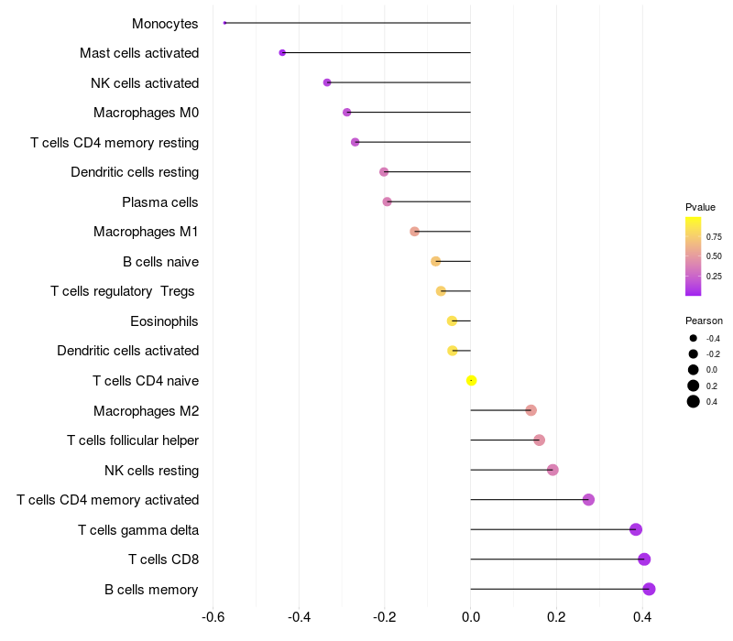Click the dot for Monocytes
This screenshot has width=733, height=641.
coord(224,23)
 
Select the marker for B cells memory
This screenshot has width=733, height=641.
coord(649,589)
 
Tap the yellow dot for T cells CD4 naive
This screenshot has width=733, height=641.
coord(471,380)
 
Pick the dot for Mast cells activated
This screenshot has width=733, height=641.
coord(282,53)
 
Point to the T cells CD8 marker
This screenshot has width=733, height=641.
coord(644,560)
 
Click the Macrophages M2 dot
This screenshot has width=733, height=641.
coord(531,410)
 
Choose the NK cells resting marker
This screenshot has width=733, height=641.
coord(552,470)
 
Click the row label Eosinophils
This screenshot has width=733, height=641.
coord(164,321)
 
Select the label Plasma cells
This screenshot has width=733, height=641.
coord(160,202)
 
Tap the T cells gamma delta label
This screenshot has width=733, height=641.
coord(138,530)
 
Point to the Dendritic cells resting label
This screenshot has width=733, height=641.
coord(135,172)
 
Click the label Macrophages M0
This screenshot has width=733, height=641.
coord(146,113)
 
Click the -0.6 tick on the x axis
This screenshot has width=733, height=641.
coord(213,617)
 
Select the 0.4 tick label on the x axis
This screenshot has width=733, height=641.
coord(642,617)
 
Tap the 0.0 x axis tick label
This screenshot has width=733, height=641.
coord(471,617)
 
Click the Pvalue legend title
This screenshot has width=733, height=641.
coord(700,207)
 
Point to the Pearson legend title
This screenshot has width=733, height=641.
coord(704,320)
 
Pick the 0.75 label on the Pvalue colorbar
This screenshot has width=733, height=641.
coord(714,236)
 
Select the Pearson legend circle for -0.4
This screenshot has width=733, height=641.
coord(694,338)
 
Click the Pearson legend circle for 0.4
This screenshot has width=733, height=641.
coord(694,401)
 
